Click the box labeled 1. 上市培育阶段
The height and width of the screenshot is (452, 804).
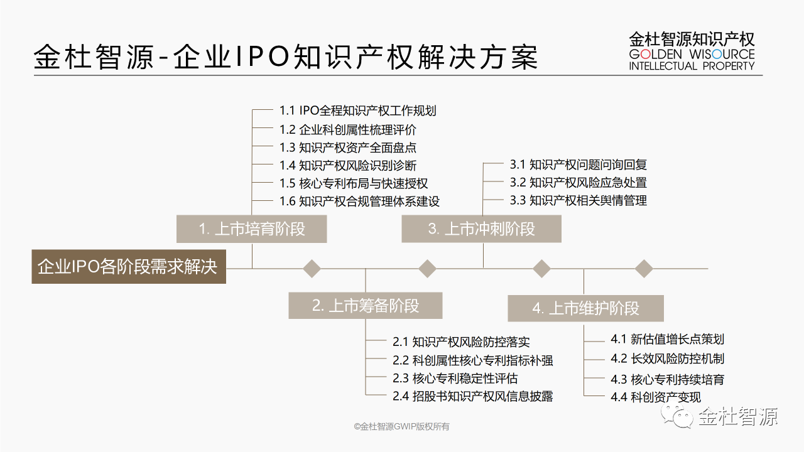[252, 229]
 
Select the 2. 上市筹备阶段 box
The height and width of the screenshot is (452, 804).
[366, 306]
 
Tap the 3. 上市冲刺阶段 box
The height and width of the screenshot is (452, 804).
[481, 229]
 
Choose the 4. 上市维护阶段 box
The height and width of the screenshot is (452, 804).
[586, 308]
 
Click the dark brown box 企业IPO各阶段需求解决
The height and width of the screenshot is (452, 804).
[129, 267]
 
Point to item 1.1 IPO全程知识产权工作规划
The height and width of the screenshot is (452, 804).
[358, 110]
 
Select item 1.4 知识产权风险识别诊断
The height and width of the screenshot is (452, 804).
[348, 165]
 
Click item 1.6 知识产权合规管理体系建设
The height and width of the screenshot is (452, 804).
[360, 202]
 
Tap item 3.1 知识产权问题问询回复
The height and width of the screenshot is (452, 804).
[579, 164]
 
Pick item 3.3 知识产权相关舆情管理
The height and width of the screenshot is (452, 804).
[579, 200]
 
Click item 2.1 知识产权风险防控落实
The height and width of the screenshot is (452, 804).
[461, 342]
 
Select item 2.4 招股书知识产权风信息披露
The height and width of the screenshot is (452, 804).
[473, 396]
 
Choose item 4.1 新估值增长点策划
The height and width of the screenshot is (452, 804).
[667, 339]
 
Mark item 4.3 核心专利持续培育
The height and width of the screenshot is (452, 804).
[667, 379]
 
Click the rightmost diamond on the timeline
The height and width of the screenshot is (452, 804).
[644, 269]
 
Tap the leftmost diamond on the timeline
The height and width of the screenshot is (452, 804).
[312, 269]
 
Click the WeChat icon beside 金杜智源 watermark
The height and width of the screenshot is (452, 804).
[678, 416]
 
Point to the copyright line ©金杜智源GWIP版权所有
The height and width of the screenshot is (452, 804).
[401, 426]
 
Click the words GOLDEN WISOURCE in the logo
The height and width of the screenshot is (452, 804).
[692, 54]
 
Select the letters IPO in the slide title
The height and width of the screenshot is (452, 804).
[263, 56]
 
